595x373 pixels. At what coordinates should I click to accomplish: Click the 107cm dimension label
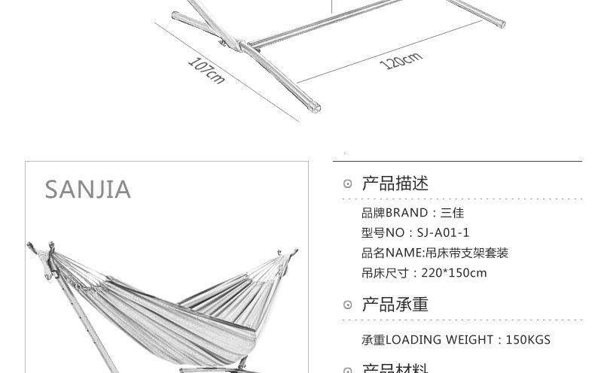click(206, 71)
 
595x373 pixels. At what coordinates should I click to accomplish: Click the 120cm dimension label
click(401, 60)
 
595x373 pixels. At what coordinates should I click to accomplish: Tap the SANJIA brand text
click(88, 190)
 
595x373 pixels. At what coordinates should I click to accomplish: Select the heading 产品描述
click(395, 183)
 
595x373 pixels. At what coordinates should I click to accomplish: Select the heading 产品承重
click(395, 305)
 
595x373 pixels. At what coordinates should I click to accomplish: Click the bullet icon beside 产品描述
click(347, 184)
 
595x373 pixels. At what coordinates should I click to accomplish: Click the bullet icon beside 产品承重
click(347, 305)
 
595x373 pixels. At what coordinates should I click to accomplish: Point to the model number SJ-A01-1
click(443, 233)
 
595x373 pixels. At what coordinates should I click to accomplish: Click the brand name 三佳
click(452, 213)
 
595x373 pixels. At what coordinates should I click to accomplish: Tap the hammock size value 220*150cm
click(454, 273)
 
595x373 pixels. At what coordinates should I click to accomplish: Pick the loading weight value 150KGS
click(528, 340)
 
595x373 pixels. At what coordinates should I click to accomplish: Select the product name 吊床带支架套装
click(467, 253)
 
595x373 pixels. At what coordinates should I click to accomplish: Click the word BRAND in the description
click(407, 213)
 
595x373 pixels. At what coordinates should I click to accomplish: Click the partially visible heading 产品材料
click(395, 368)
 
